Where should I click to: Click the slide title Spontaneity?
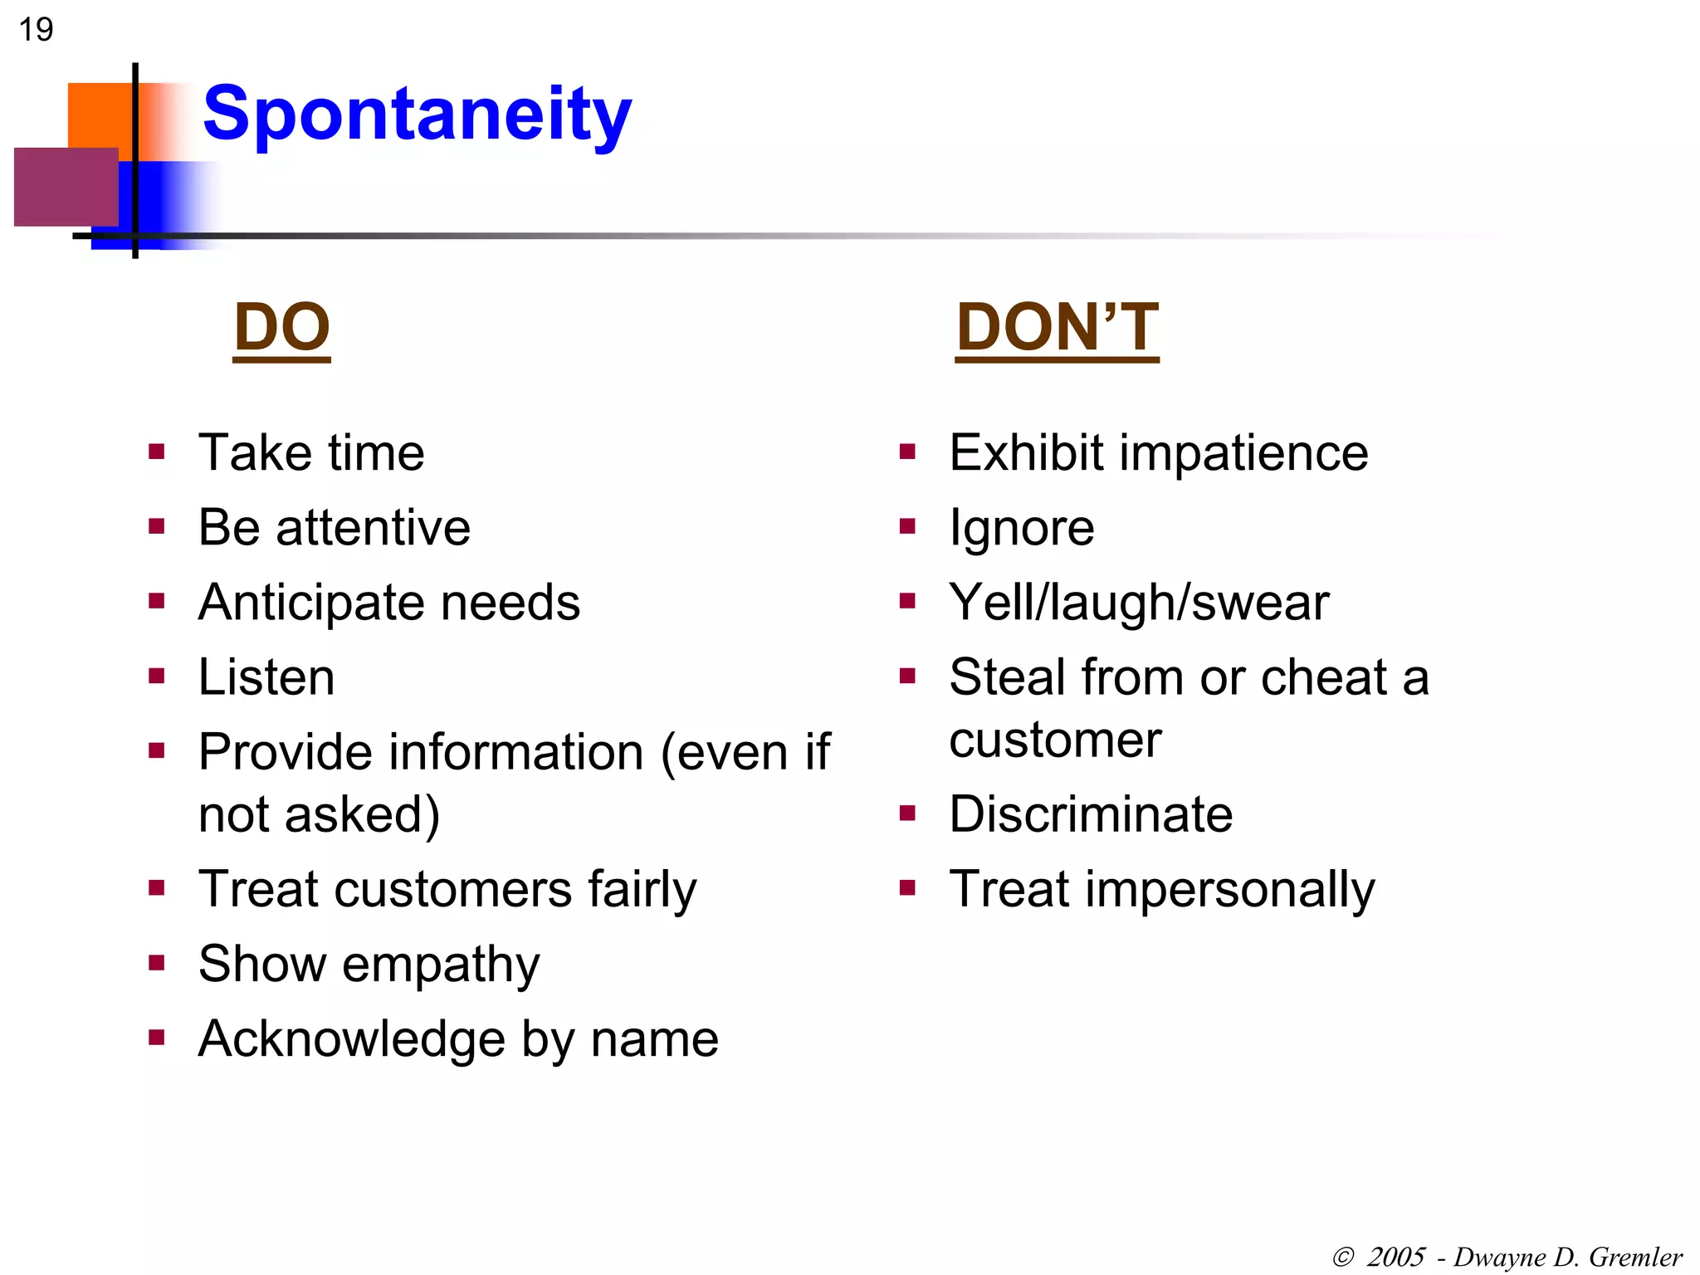pyautogui.click(x=417, y=114)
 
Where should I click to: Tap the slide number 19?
pyautogui.click(x=36, y=30)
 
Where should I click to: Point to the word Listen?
pyautogui.click(x=266, y=677)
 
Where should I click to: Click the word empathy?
pyautogui.click(x=441, y=965)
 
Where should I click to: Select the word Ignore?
pyautogui.click(x=1021, y=528)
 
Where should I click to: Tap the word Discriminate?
pyautogui.click(x=1090, y=814)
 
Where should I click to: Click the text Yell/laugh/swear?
pyautogui.click(x=1139, y=603)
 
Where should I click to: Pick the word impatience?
pyautogui.click(x=1243, y=453)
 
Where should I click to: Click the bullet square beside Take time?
pyautogui.click(x=157, y=452)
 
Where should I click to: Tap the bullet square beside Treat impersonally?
pyautogui.click(x=907, y=889)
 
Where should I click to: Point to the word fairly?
pyautogui.click(x=642, y=890)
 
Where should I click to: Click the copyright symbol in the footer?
pyautogui.click(x=1342, y=1258)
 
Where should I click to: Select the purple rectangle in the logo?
pyautogui.click(x=66, y=187)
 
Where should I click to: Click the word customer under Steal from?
pyautogui.click(x=1054, y=740)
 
